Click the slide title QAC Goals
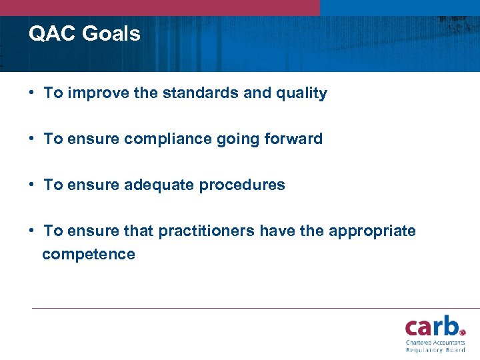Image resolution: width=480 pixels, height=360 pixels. pos(85,33)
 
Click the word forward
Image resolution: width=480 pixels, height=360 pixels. pos(293,139)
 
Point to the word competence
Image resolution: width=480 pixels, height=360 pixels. pos(89,255)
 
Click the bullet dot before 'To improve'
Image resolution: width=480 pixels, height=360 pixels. pos(33,93)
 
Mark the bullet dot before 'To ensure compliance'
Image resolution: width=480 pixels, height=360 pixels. pos(33,139)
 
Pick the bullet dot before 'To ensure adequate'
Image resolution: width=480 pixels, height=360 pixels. pos(33,185)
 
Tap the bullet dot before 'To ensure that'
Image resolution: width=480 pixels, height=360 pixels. pos(33,231)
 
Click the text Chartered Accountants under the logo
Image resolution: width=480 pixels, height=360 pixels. pos(435,343)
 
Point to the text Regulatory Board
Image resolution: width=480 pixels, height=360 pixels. pos(435,350)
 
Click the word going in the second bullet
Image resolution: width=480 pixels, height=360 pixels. pos(237,139)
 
